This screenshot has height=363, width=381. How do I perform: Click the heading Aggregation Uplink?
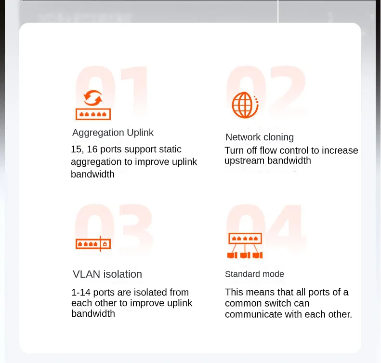[x=113, y=133]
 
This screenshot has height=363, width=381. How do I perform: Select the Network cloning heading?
[x=260, y=137]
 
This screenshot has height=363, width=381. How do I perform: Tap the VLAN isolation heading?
[x=107, y=274]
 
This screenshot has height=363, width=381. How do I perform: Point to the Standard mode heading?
[x=254, y=274]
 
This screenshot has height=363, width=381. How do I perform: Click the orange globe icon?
[x=245, y=105]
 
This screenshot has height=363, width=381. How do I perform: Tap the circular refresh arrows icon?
[x=93, y=98]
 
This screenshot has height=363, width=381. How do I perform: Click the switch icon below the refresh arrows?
[x=93, y=114]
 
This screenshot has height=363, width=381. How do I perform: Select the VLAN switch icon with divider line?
[x=93, y=243]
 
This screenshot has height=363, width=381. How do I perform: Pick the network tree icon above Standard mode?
[x=245, y=245]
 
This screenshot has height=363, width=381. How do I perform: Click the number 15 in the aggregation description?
[x=76, y=149]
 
